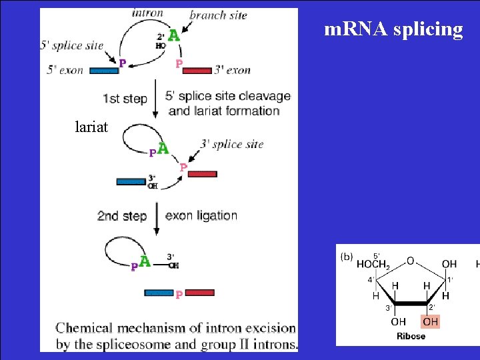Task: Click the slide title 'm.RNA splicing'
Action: click(393, 30)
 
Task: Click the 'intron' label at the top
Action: click(147, 12)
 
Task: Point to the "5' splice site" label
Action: click(73, 45)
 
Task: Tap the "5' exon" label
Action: click(65, 70)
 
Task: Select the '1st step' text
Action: click(125, 99)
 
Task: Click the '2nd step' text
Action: click(122, 216)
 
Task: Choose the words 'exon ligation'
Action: click(201, 215)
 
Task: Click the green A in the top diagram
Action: click(173, 35)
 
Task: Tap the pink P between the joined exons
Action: click(179, 294)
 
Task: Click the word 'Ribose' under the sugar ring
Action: click(411, 336)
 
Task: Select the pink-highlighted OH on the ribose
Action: click(431, 321)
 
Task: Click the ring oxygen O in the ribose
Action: click(410, 261)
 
